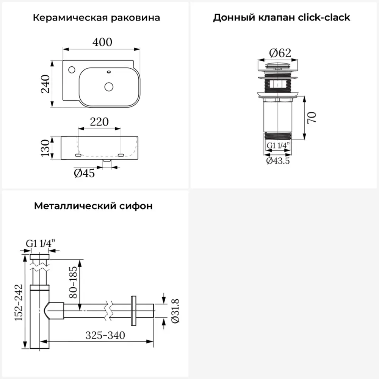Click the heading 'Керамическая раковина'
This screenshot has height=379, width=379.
point(96,18)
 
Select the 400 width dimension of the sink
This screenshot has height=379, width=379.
point(102,42)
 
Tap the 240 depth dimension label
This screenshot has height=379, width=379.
point(45,84)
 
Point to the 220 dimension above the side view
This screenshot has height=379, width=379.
point(99,122)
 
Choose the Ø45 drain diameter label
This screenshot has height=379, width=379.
point(84,173)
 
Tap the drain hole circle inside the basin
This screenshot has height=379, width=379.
point(109,86)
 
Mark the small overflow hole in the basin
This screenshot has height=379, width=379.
point(109,71)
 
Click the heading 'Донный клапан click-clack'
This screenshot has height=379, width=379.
point(282,18)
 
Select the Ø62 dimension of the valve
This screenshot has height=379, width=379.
point(280,53)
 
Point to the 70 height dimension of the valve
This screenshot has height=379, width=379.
point(312,118)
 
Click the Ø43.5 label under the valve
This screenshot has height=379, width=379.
point(278,161)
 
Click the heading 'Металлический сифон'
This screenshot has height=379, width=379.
point(93,206)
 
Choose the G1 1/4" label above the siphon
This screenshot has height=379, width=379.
point(40,243)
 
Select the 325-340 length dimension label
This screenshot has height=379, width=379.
point(105,335)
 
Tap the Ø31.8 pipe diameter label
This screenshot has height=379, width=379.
point(175,311)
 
